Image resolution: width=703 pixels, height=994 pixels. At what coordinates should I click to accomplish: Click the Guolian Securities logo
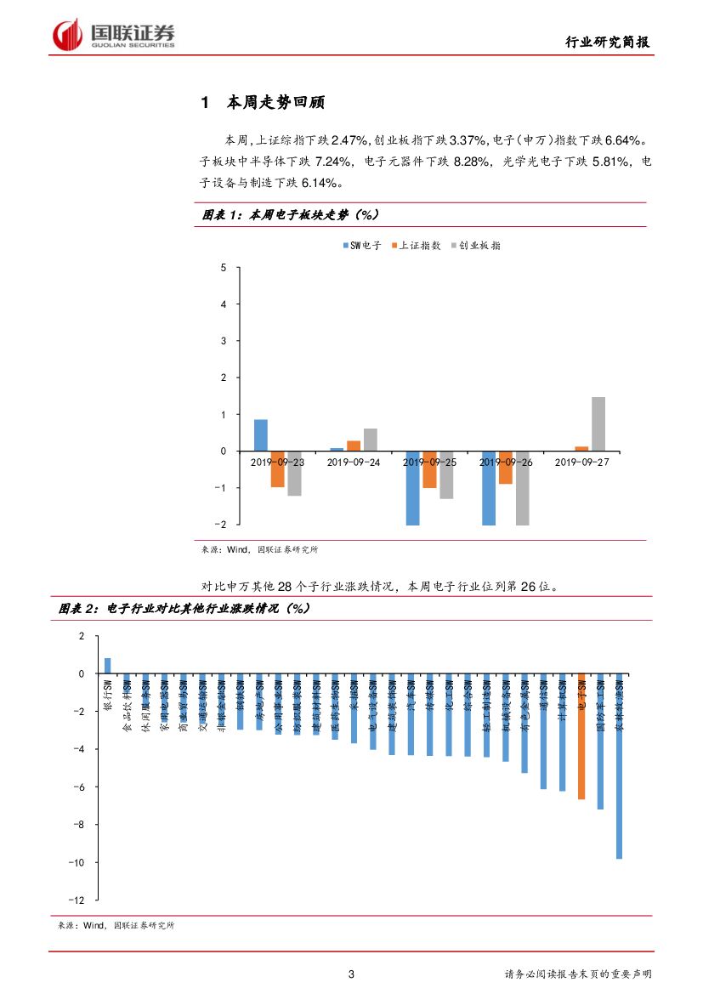115,35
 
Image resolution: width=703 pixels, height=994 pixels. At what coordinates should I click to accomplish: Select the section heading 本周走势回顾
275,104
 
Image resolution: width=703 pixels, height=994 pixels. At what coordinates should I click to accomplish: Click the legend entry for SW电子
361,246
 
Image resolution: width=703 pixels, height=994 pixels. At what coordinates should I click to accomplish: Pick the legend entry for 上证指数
416,246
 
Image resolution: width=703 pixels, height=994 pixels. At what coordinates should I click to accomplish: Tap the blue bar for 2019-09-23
261,435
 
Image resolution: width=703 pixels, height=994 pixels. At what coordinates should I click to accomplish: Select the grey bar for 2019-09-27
598,423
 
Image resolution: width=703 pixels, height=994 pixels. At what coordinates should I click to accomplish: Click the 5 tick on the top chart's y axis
224,268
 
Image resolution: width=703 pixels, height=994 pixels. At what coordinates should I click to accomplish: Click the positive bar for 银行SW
108,665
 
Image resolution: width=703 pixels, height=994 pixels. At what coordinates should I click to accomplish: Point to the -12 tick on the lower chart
77,900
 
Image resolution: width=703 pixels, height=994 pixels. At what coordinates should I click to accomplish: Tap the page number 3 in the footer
352,974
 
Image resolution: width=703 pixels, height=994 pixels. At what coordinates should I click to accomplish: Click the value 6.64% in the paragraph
629,139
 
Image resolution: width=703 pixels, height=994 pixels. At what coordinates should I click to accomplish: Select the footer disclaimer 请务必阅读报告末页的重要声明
577,974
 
